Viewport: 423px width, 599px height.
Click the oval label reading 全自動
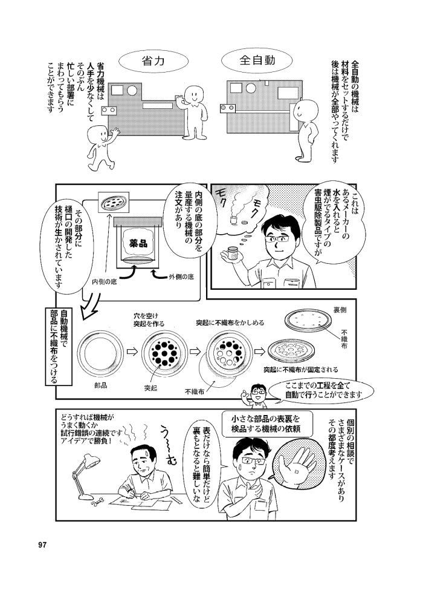point(257,61)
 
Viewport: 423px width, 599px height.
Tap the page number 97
point(42,544)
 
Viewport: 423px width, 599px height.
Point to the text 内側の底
point(105,281)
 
